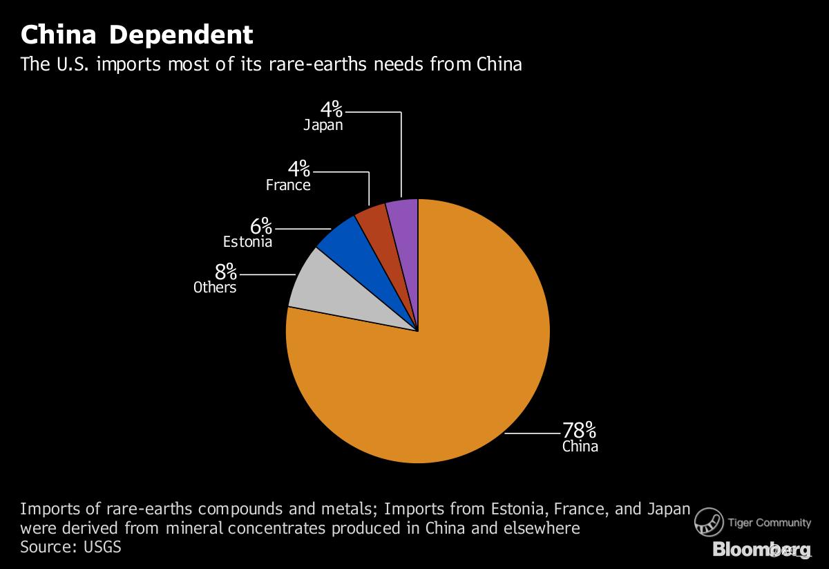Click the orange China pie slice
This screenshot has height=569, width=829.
442,360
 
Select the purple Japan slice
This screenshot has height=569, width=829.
403,214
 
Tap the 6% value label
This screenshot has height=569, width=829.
261,226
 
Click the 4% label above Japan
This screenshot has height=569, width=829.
330,109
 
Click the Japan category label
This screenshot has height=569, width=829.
323,126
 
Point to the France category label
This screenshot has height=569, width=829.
288,185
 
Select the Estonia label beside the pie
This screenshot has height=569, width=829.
247,242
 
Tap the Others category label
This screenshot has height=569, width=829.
215,288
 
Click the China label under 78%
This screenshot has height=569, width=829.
580,447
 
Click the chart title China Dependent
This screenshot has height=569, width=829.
137,35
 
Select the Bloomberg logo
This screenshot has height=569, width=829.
762,550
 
